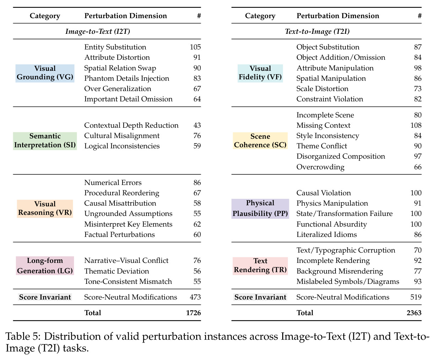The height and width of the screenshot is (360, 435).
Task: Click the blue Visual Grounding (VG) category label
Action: point(45,73)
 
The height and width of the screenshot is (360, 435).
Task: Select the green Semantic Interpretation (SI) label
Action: point(45,141)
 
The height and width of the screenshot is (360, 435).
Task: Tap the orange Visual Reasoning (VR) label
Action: point(45,208)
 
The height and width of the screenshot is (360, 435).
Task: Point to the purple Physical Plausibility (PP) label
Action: point(260,208)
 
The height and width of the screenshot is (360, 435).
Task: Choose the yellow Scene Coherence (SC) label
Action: point(260,141)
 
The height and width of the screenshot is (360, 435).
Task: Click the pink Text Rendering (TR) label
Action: point(260,266)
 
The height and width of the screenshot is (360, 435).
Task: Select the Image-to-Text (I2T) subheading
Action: point(98,31)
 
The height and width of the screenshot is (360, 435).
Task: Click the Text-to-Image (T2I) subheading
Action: point(317,31)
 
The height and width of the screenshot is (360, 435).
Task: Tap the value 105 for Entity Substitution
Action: point(195,47)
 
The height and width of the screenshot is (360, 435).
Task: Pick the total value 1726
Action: point(193,313)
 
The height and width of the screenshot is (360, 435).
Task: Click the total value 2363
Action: point(414,313)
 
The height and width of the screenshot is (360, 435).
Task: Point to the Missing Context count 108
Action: point(416,125)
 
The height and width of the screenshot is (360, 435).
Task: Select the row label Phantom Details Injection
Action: point(127,78)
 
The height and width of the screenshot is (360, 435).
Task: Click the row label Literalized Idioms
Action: point(327,234)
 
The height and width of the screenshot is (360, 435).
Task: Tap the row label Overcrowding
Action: point(320,167)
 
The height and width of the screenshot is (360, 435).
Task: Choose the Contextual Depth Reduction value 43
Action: point(197,125)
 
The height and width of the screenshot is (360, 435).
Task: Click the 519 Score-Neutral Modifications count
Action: point(416,297)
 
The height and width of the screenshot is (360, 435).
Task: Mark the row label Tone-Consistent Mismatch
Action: point(128,281)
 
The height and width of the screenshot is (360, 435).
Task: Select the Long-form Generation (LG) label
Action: point(45,265)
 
